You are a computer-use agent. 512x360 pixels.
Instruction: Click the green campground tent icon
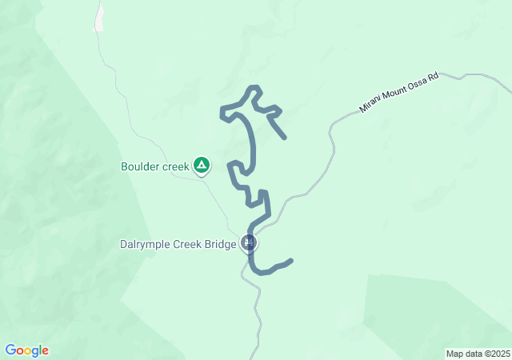[202, 166]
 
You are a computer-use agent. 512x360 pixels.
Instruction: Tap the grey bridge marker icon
[250, 243]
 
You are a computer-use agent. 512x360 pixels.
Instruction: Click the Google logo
[26, 350]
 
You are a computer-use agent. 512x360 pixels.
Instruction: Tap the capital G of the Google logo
[10, 350]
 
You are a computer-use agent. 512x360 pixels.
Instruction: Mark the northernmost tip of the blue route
[254, 87]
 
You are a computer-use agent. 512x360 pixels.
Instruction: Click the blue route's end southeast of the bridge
[290, 260]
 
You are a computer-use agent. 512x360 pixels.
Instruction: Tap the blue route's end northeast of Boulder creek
[285, 138]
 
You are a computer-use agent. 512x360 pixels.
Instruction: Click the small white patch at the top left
[99, 18]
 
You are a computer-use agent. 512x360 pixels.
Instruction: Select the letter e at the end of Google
[45, 351]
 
